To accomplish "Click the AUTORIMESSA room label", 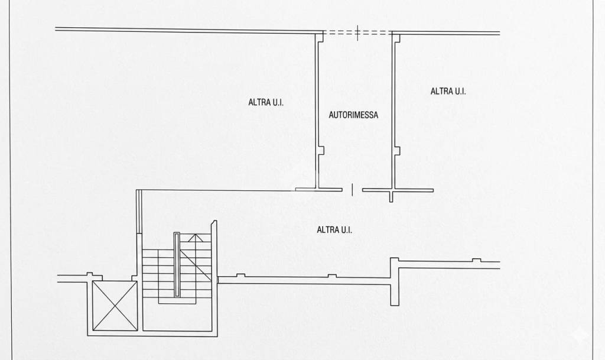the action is click(353, 115).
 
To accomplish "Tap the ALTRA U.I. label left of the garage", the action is click(266, 102).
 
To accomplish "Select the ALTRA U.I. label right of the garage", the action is click(448, 91).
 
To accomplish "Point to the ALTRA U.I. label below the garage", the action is click(334, 229).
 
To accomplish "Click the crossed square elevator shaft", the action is click(115, 306).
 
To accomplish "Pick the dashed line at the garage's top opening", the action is click(357, 33).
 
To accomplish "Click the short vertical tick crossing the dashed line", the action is click(357, 33).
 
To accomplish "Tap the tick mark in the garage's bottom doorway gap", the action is click(352, 189).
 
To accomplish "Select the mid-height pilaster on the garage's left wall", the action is click(321, 151).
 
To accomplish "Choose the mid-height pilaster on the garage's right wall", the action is click(398, 151).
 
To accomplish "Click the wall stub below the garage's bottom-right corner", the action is click(391, 196).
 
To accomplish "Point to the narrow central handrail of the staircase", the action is click(177, 265).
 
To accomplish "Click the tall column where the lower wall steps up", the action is click(394, 281).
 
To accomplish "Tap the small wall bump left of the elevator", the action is click(90, 274).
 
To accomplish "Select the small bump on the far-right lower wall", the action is click(477, 261).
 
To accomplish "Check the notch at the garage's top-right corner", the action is click(396, 37).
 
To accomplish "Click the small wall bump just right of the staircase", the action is click(240, 275).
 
